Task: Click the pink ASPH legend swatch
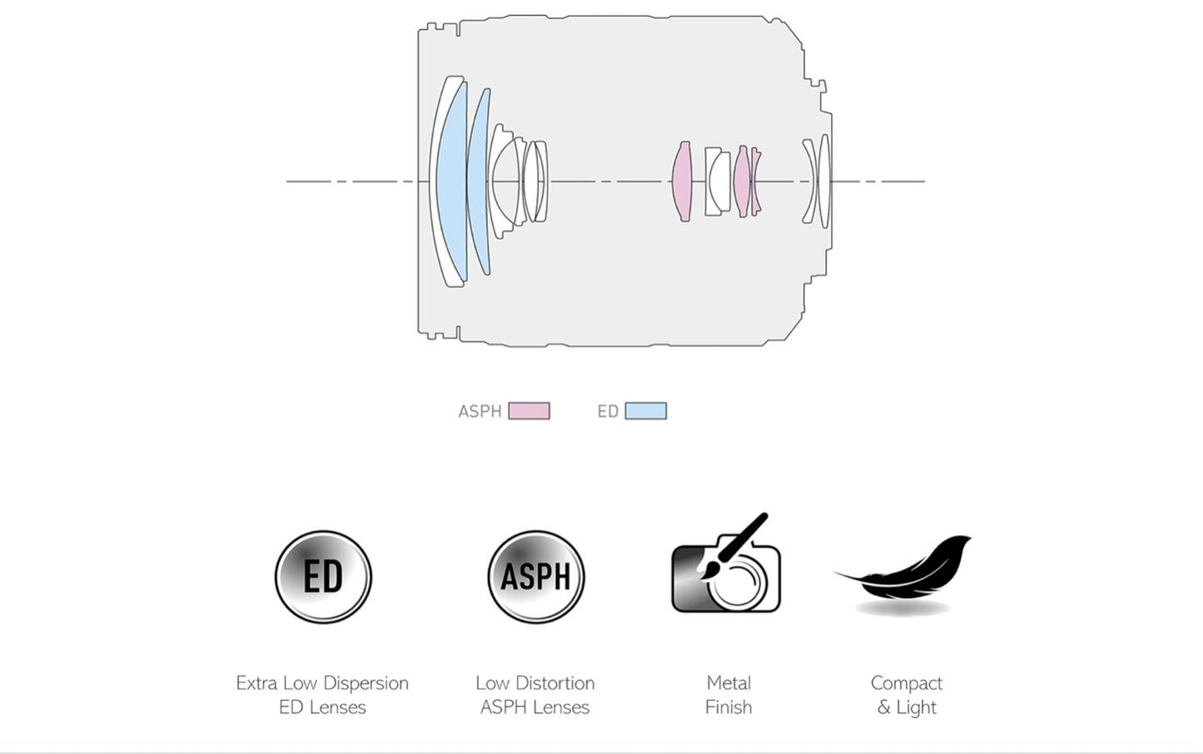(x=529, y=411)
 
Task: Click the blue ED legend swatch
(x=645, y=411)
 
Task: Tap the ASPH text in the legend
(x=480, y=411)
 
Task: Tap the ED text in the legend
(x=608, y=411)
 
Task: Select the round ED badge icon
(x=323, y=577)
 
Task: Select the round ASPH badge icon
(x=536, y=577)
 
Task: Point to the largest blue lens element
(x=450, y=181)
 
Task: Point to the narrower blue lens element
(x=478, y=181)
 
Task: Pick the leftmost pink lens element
(x=682, y=181)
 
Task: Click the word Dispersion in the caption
(x=366, y=683)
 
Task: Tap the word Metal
(x=728, y=683)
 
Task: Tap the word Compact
(x=906, y=683)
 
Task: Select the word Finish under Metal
(x=728, y=707)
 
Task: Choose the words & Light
(x=906, y=707)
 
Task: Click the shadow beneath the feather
(x=902, y=610)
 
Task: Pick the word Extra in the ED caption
(x=256, y=683)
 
